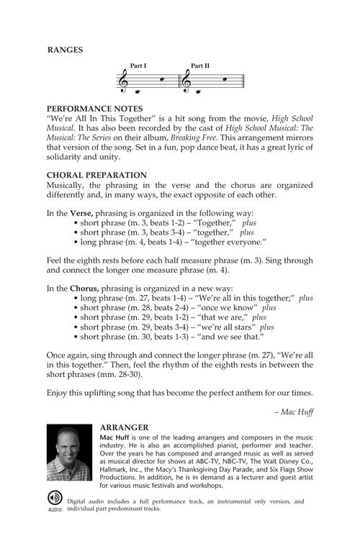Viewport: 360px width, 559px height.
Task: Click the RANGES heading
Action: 65,50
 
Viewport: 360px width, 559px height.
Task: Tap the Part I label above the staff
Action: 138,66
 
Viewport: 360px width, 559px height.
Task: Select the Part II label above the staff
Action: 200,66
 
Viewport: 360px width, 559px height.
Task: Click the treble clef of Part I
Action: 124,83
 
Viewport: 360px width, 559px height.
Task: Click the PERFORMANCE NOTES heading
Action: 89,106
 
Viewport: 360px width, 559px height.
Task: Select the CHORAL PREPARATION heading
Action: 96,175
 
